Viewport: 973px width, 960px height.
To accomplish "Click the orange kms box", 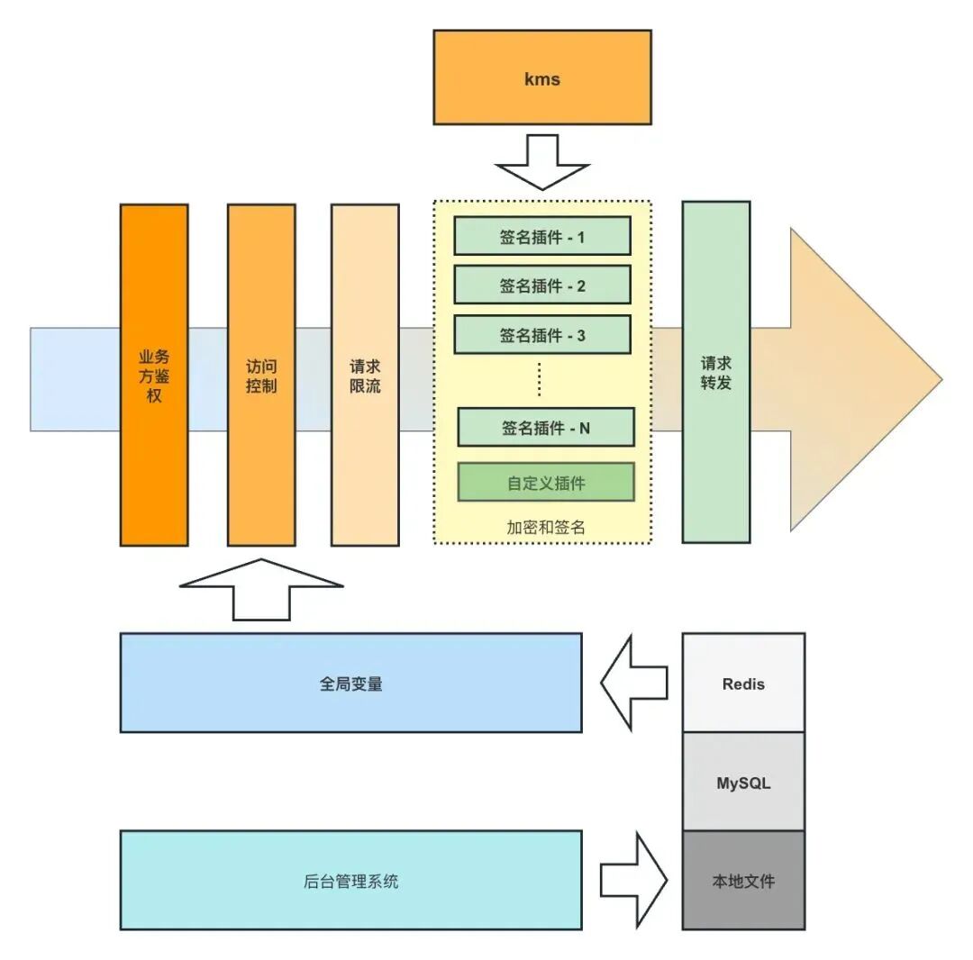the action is click(x=542, y=77).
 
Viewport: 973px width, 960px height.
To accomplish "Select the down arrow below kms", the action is click(x=542, y=162).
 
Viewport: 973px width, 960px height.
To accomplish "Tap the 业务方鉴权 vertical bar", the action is click(x=154, y=376).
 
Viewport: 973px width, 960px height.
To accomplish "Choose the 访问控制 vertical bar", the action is click(x=261, y=376).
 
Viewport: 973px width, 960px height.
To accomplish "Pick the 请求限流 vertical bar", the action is click(x=365, y=376).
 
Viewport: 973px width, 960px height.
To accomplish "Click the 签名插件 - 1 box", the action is click(x=542, y=236).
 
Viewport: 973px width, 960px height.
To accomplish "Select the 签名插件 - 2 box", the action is click(x=542, y=285).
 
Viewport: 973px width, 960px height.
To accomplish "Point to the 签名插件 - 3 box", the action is click(x=542, y=334).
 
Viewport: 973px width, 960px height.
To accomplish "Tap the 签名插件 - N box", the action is click(x=546, y=427).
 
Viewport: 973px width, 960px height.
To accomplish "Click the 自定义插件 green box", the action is click(x=546, y=482).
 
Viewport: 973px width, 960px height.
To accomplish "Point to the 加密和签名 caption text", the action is click(x=546, y=527).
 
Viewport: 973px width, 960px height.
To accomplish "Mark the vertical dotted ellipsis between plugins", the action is click(x=540, y=379).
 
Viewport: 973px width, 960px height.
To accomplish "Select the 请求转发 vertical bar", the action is click(x=716, y=372).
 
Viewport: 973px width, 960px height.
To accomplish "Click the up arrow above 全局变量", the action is click(x=261, y=589).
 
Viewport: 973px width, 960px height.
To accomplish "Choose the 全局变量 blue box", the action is click(x=350, y=683).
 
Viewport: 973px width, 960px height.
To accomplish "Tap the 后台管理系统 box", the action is click(x=350, y=880).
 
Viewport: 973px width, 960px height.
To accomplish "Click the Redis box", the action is click(x=743, y=683).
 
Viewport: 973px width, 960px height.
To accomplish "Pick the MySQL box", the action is click(x=743, y=782).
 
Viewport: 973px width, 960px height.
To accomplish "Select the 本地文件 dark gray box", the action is click(x=743, y=881).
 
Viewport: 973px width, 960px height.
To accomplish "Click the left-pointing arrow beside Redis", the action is click(x=634, y=683).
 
